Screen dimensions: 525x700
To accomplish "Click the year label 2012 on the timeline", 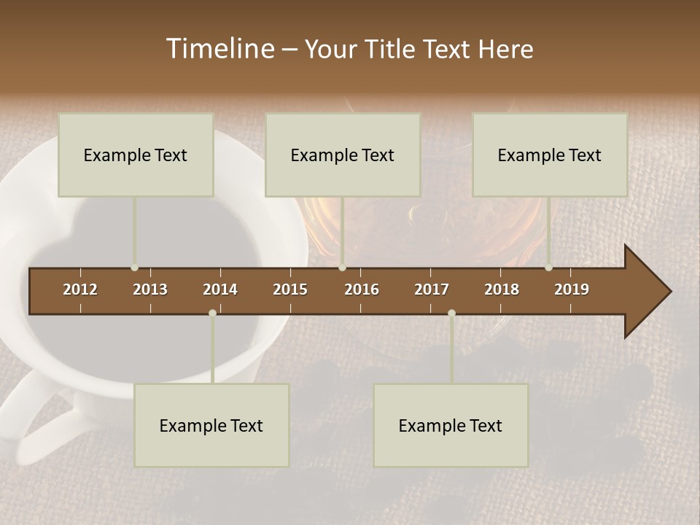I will [80, 289].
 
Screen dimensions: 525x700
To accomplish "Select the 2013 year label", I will [150, 289].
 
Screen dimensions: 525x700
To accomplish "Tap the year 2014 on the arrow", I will [220, 289].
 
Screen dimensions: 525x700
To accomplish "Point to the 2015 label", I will [290, 289].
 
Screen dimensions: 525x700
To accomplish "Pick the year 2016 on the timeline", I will [362, 289].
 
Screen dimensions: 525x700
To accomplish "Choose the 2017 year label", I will [432, 289].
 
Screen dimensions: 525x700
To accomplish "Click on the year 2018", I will [502, 289].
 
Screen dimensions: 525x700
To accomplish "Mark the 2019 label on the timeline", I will [572, 289].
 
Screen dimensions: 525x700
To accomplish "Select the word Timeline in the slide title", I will [218, 49].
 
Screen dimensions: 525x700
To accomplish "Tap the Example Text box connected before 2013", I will [136, 155].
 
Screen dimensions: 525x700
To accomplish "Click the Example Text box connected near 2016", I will [343, 155].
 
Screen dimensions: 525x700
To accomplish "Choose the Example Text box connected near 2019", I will [550, 155].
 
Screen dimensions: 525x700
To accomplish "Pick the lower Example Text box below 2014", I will [211, 425].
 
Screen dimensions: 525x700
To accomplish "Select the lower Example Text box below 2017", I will [451, 425].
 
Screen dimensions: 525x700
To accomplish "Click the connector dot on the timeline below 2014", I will [212, 313].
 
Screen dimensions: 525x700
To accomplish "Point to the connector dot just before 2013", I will [135, 268].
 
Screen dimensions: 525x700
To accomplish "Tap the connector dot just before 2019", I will [549, 268].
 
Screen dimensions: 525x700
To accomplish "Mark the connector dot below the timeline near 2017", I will [451, 313].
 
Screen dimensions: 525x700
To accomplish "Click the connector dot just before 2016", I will [342, 268].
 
